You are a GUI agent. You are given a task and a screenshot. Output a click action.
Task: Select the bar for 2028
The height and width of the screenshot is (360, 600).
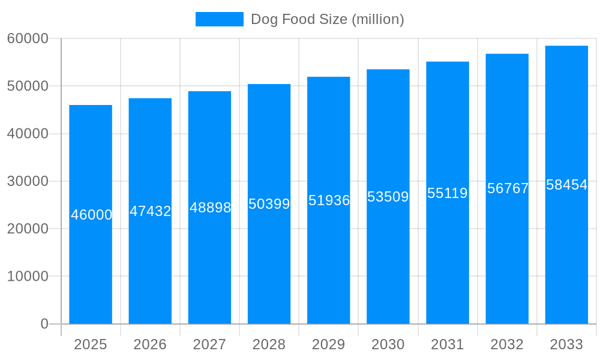pyautogui.click(x=269, y=264)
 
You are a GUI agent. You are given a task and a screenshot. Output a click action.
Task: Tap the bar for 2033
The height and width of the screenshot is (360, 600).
pyautogui.click(x=566, y=252)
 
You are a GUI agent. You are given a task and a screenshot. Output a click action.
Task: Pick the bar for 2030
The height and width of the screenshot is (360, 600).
pyautogui.click(x=388, y=258)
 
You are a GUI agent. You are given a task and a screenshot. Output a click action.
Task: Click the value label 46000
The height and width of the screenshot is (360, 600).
pyautogui.click(x=91, y=215)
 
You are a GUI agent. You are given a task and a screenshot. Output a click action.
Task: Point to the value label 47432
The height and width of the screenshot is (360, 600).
pyautogui.click(x=151, y=211)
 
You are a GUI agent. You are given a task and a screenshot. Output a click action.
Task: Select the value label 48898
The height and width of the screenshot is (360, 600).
pyautogui.click(x=210, y=208)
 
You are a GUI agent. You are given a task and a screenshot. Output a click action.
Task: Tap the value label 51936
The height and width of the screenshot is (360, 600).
pyautogui.click(x=329, y=200)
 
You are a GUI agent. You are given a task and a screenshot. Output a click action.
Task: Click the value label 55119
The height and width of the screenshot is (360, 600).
pyautogui.click(x=448, y=193)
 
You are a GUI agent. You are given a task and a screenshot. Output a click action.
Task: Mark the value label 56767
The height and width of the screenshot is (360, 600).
pyautogui.click(x=508, y=188)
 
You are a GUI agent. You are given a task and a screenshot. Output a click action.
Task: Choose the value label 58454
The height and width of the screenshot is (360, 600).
pyautogui.click(x=566, y=185)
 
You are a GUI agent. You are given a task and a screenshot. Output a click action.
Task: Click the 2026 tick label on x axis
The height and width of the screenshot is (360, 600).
pyautogui.click(x=150, y=344)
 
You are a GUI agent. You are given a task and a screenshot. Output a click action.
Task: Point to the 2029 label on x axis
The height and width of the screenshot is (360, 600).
pyautogui.click(x=329, y=344)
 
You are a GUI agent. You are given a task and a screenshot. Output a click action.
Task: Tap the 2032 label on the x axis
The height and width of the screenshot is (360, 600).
pyautogui.click(x=507, y=344)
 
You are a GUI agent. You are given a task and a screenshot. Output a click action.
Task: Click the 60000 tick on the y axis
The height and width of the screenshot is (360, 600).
pyautogui.click(x=28, y=38)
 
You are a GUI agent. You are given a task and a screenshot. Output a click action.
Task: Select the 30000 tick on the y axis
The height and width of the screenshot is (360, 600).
pyautogui.click(x=28, y=181)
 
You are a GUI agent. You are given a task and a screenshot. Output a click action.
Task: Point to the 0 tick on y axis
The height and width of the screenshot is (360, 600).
pyautogui.click(x=44, y=324)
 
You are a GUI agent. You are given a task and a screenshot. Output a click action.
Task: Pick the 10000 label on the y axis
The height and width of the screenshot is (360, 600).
pyautogui.click(x=28, y=277)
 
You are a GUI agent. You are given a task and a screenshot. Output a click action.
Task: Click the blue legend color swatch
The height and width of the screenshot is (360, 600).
pyautogui.click(x=219, y=19)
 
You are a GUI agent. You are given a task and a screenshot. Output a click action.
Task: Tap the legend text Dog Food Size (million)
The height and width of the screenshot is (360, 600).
pyautogui.click(x=327, y=19)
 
